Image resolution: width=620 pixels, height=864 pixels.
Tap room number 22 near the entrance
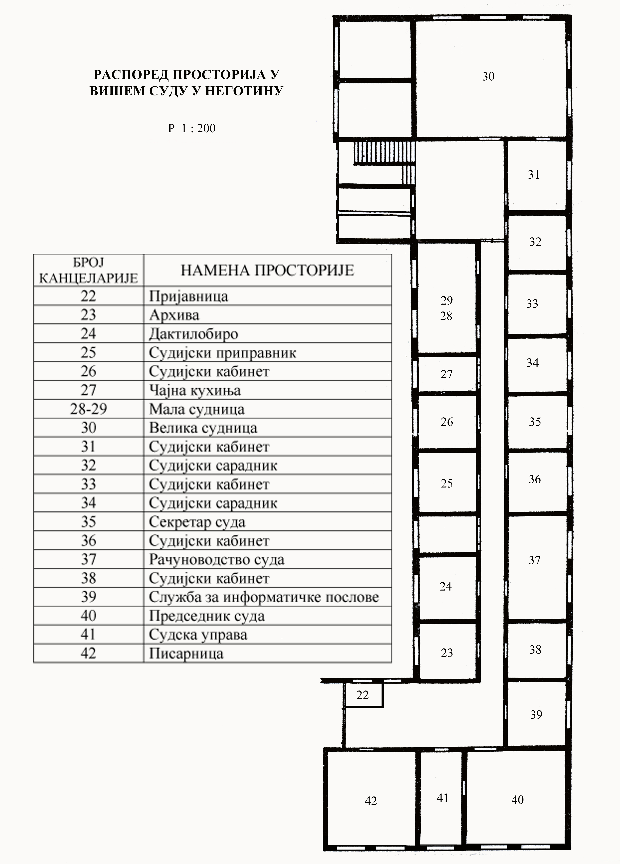362,695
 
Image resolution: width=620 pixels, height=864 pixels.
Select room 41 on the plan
442,798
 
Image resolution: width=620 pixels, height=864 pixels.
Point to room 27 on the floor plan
447,374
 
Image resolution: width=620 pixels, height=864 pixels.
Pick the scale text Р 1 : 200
192,128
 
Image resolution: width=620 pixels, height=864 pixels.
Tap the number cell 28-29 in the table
88,409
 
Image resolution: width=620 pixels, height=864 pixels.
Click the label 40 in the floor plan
518,800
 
